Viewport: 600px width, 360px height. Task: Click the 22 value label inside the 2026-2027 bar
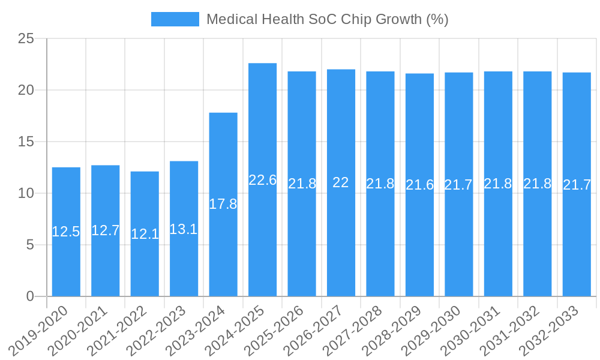(x=341, y=182)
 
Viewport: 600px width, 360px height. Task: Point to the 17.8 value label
(x=223, y=204)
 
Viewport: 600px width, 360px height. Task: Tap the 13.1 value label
(x=184, y=229)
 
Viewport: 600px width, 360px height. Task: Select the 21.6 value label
(x=419, y=185)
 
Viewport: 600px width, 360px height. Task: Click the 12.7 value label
(x=106, y=230)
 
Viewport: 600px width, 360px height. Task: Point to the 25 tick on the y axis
(x=26, y=39)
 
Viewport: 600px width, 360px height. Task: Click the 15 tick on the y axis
(x=26, y=142)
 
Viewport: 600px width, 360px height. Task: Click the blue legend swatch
(x=175, y=19)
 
